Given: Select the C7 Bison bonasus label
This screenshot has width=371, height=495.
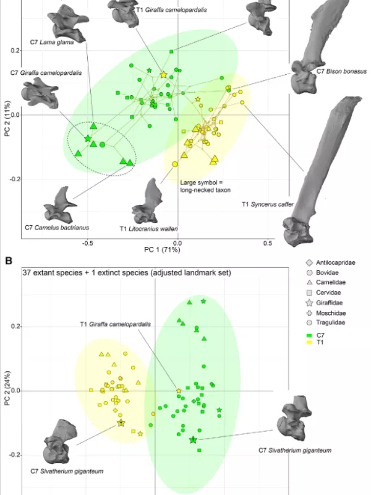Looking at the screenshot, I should click(342, 71).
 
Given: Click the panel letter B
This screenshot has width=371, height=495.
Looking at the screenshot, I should click(9, 260).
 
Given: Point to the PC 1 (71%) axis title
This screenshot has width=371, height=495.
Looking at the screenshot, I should click(162, 250).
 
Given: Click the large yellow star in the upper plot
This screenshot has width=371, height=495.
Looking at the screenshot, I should click(163, 74).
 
